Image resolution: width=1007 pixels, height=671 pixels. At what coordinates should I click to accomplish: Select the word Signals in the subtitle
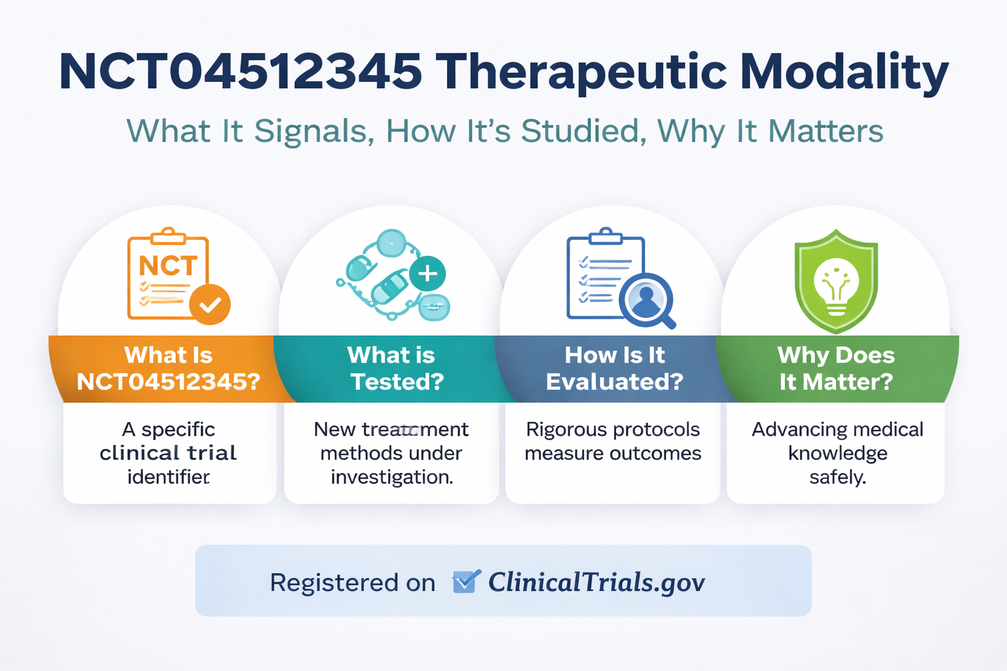point(314,131)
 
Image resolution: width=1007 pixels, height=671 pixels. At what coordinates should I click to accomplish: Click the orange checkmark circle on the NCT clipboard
point(210,305)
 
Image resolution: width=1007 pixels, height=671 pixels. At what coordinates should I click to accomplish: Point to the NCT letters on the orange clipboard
point(168,266)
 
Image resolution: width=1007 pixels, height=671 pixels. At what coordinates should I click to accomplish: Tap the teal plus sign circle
point(427,273)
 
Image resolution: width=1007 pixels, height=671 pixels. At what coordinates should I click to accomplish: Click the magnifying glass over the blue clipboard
point(647,299)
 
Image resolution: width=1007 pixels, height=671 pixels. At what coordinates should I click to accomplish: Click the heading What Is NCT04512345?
point(168,368)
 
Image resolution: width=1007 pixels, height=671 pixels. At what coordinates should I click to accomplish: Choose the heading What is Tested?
point(391,368)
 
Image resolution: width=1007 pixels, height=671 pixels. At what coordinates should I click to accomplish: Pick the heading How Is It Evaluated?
point(614,368)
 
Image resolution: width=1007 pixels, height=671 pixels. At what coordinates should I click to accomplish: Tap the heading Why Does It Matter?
point(836,368)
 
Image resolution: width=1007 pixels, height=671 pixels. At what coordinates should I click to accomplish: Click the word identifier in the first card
point(168,477)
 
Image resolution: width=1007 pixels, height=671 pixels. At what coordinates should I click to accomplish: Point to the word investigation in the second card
point(391,477)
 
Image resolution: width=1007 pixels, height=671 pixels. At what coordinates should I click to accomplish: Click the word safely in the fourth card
point(837,477)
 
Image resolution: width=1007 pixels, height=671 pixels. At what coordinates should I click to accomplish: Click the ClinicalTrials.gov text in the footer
point(596,582)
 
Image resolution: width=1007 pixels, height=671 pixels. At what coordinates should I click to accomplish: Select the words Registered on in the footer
point(352,583)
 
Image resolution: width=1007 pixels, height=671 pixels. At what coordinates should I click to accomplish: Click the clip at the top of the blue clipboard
point(606,236)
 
